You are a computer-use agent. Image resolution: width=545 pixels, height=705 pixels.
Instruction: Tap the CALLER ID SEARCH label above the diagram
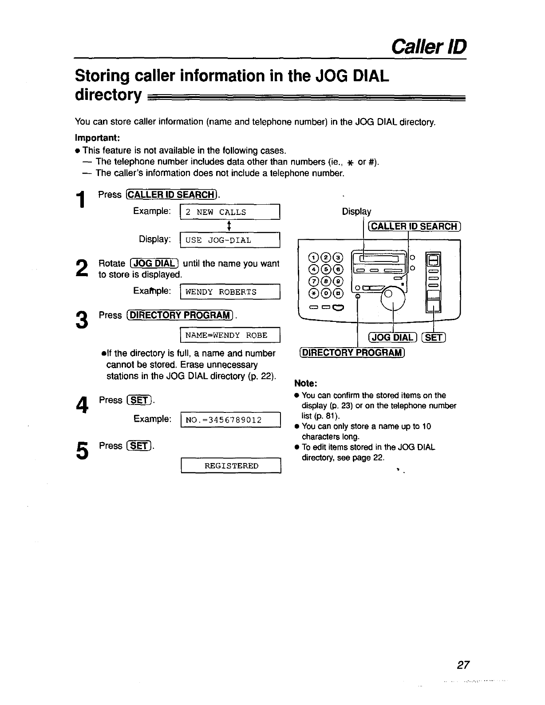coord(414,226)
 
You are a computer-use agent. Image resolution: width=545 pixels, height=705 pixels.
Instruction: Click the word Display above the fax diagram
coord(356,212)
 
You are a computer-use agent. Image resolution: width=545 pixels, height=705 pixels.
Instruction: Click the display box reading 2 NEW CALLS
coord(229,212)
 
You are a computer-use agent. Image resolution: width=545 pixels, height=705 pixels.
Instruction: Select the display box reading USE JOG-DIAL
coord(229,240)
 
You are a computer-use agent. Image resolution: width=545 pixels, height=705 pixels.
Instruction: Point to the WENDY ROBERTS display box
coord(229,292)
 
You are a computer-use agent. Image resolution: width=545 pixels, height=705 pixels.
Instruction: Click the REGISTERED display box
coord(231,466)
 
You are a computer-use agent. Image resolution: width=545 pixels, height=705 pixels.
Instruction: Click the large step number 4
coord(80,404)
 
